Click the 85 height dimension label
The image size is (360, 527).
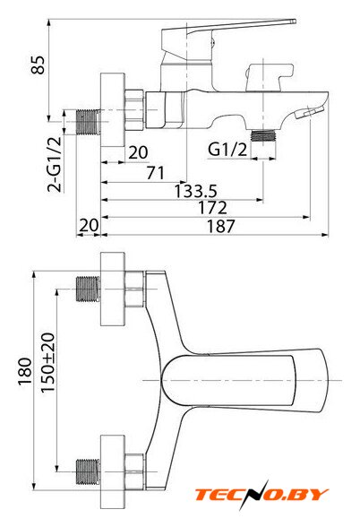click(38, 65)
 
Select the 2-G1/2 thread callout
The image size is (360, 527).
click(55, 164)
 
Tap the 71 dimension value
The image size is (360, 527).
click(156, 173)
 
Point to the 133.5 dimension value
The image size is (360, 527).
click(196, 191)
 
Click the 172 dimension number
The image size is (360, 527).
click(212, 208)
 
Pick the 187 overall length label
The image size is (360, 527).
click(220, 226)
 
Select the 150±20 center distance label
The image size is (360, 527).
click(47, 362)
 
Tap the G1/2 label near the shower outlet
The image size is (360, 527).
click(227, 150)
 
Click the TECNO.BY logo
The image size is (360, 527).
click(261, 495)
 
